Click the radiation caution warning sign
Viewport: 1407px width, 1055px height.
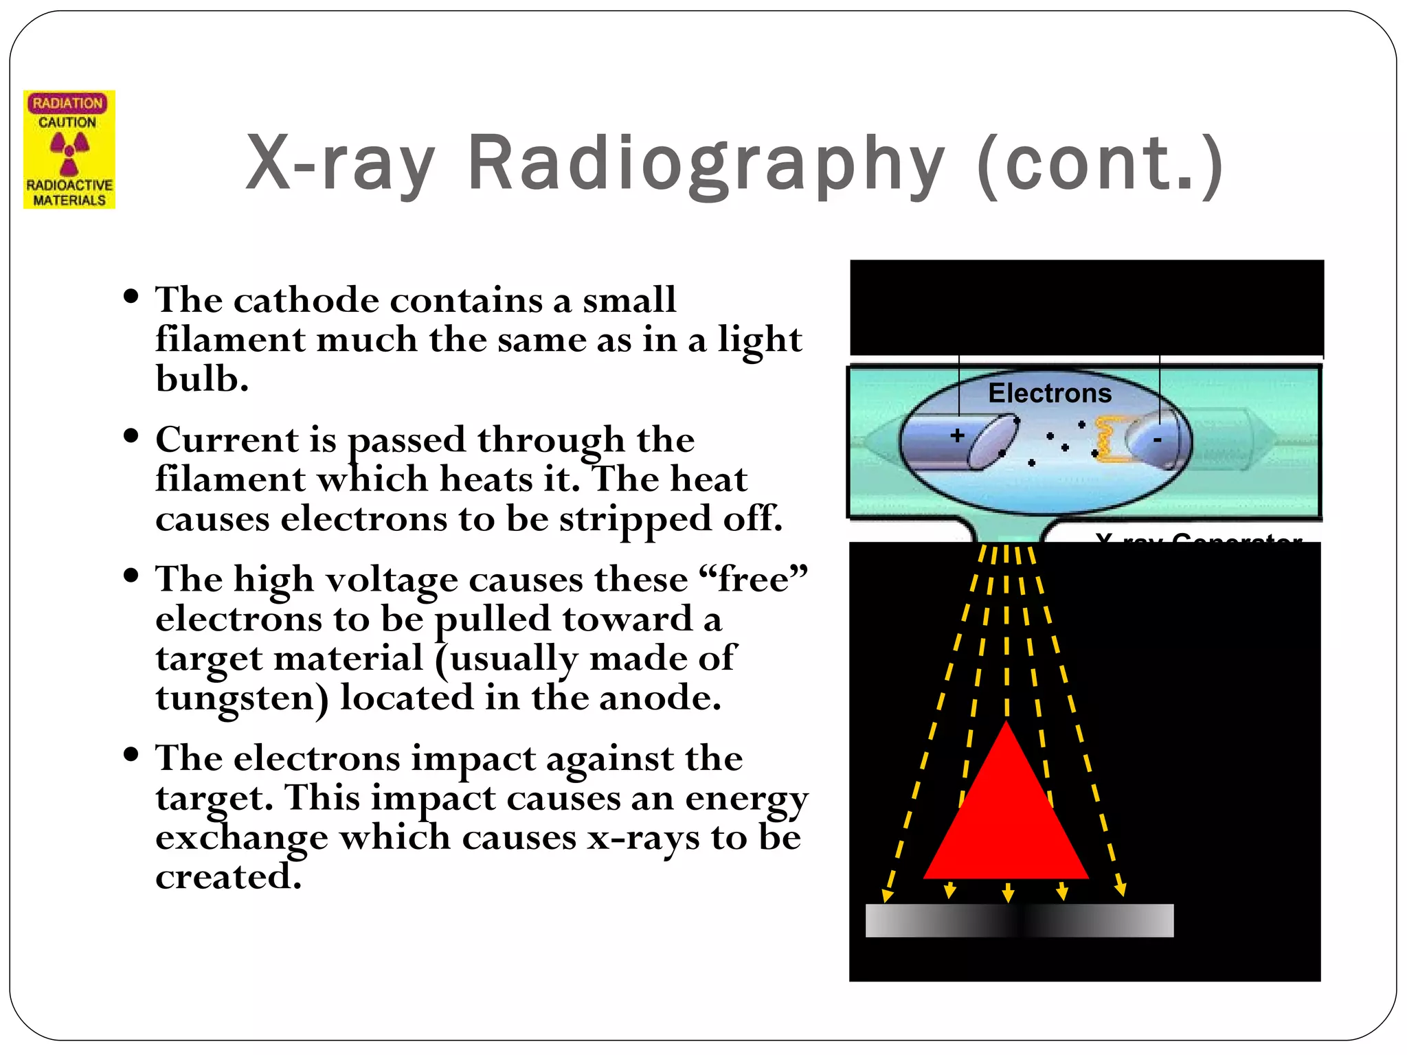coord(69,149)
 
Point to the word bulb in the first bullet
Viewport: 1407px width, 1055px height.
coord(201,378)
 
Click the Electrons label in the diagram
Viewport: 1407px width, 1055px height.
coord(1049,394)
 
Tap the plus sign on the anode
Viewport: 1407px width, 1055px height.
coord(957,435)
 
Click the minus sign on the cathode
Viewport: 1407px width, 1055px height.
coord(1157,440)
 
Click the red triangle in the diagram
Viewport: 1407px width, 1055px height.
coord(1006,817)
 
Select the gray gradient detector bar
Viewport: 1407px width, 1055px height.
coord(1019,920)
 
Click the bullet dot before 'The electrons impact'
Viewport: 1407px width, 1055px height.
coord(131,754)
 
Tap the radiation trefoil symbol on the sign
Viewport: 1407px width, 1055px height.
coord(69,152)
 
